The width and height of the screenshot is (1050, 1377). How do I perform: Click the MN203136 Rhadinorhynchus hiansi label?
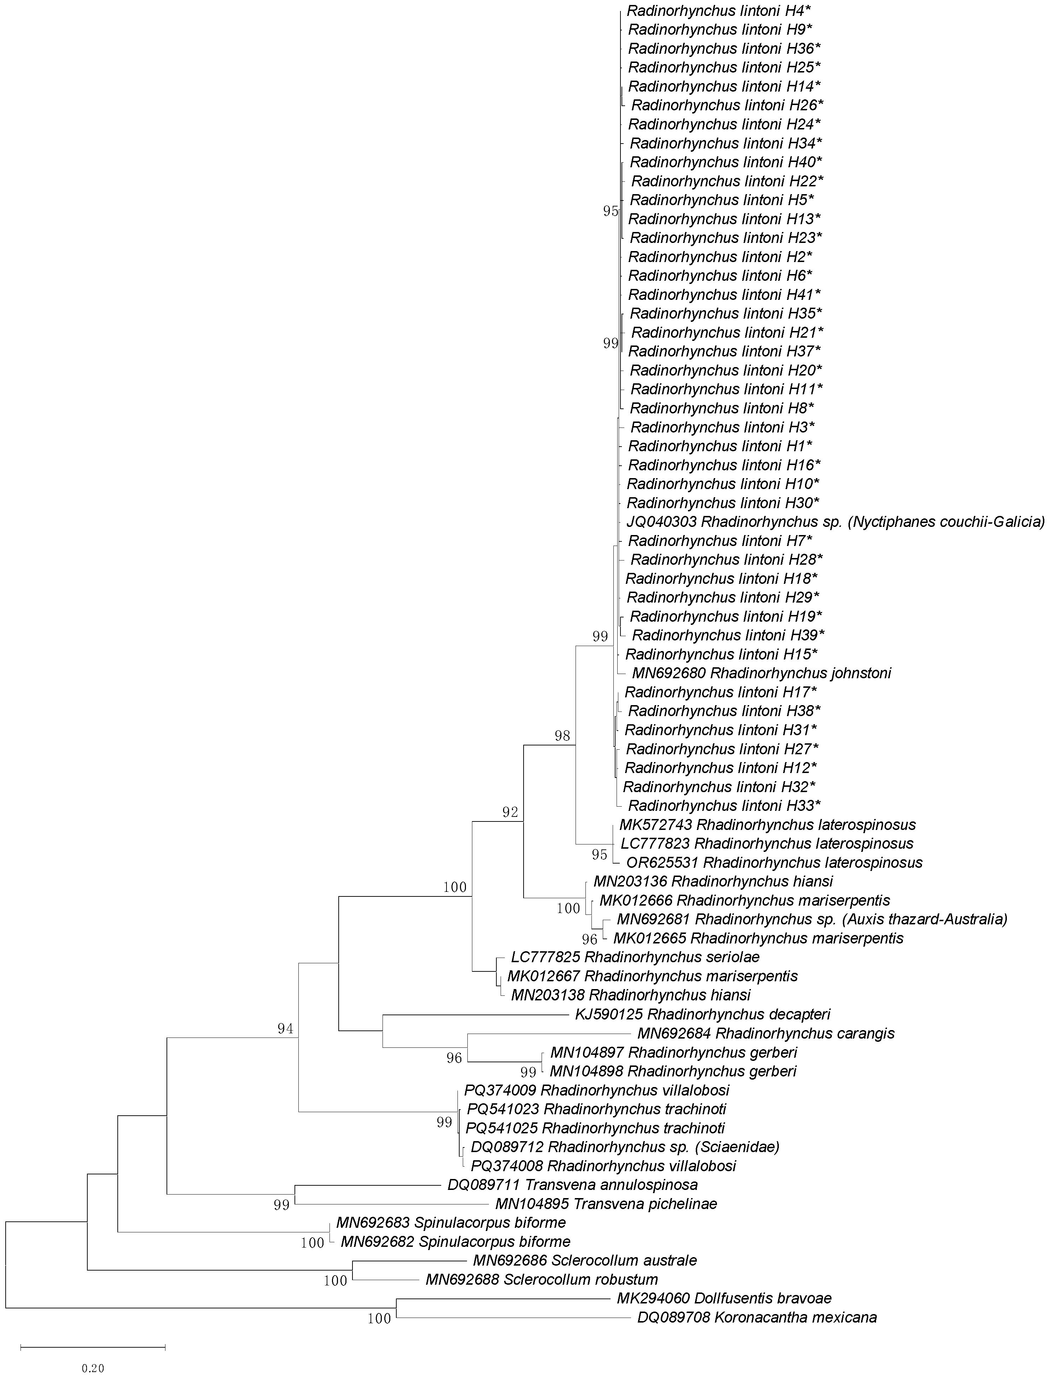point(713,881)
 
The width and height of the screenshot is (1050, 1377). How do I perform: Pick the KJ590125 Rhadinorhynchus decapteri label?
point(702,1014)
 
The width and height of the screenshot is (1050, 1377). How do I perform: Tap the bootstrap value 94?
point(285,1029)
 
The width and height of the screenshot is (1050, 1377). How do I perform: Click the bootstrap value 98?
point(562,736)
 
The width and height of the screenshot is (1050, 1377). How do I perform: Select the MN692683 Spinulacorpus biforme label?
point(451,1222)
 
